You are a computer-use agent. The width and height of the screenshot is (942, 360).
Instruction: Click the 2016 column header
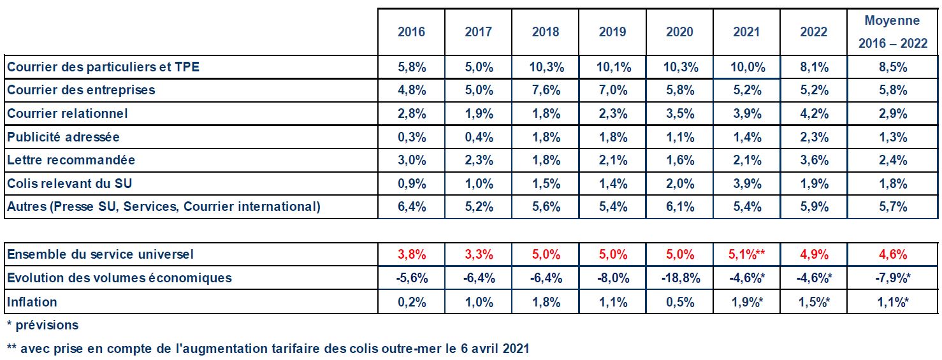pos(411,32)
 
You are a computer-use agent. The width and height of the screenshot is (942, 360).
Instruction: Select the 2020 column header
pos(679,32)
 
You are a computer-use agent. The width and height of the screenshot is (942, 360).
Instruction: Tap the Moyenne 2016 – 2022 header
pos(892,32)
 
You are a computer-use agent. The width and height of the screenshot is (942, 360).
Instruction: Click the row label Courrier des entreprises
pos(81,90)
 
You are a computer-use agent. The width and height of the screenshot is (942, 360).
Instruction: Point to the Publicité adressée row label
pos(63,137)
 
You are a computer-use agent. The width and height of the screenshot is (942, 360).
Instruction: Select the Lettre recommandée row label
pos(71,160)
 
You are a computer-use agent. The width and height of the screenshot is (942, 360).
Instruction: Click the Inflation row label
pos(32,302)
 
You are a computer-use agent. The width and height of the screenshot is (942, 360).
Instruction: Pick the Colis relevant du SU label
pos(69,184)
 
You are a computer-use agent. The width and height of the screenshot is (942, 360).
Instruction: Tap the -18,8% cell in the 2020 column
pos(679,278)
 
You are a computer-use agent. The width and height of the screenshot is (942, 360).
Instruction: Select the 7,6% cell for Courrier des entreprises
pos(546,90)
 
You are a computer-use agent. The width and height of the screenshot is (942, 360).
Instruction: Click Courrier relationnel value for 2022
pos(813,113)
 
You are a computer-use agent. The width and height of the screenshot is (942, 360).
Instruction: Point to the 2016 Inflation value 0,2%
pos(411,302)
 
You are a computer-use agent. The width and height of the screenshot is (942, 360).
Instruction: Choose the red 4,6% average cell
pos(892,255)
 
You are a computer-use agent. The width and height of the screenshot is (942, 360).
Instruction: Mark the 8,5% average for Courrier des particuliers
pos(892,67)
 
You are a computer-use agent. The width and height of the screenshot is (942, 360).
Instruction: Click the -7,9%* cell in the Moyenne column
pos(892,278)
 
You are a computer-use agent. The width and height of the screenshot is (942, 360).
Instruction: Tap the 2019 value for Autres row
pos(612,206)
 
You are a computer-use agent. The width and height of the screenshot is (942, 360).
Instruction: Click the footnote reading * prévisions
pos(43,325)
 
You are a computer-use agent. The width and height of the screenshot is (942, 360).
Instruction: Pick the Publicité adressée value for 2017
pos(478,137)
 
